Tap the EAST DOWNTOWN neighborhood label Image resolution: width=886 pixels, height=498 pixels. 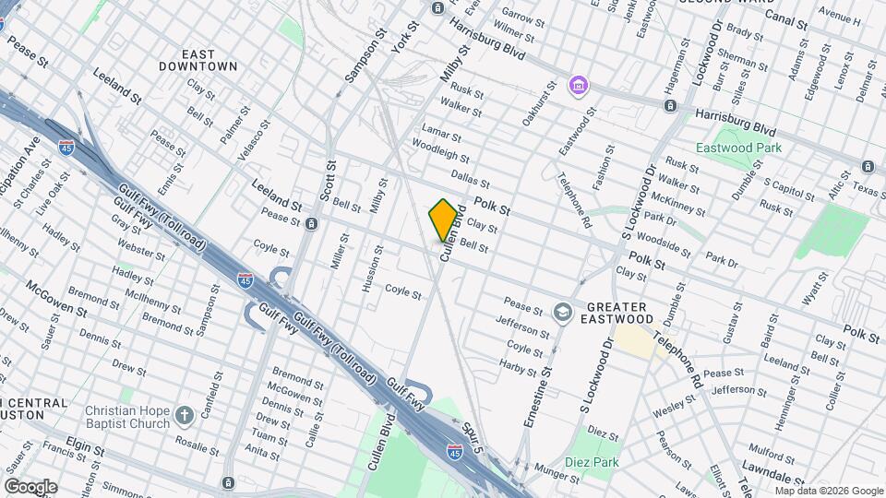[198, 61]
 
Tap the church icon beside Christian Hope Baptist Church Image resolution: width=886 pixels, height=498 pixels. [185, 416]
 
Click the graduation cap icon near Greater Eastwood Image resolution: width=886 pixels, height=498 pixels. [562, 313]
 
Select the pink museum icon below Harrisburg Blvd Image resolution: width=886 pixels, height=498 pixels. [579, 87]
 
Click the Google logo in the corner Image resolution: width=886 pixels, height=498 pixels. [30, 487]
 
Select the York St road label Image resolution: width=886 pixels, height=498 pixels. [400, 35]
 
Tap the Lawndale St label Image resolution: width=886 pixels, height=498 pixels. [788, 475]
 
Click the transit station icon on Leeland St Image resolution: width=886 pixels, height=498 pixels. [312, 224]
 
